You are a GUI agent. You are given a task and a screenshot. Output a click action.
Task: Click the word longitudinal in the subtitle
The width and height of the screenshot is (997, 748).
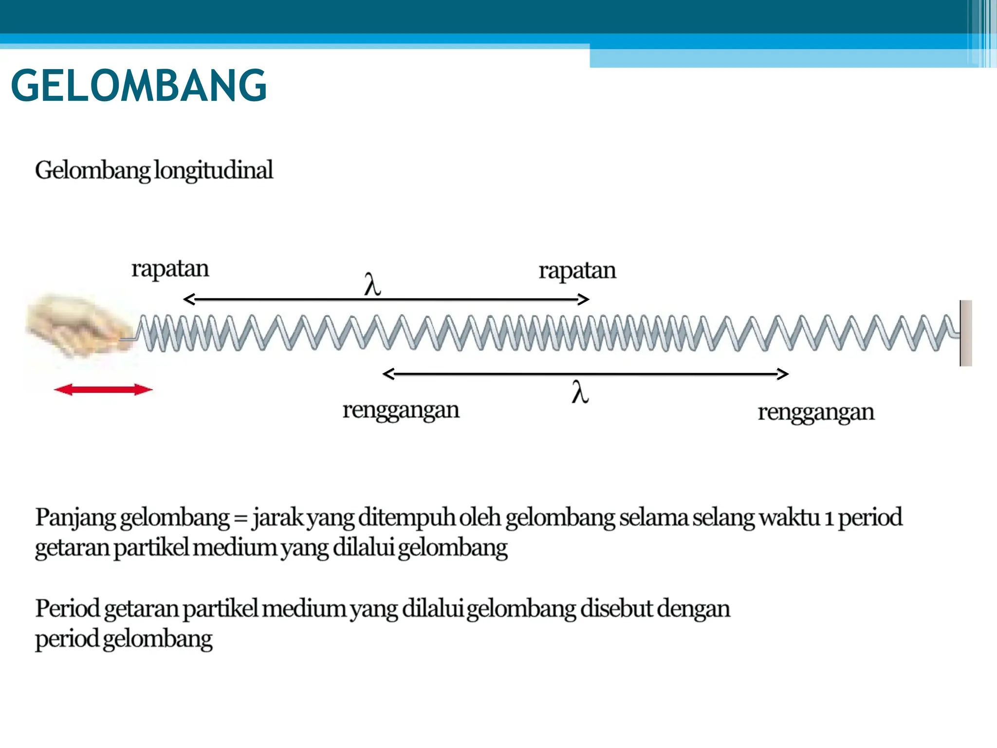[x=213, y=170]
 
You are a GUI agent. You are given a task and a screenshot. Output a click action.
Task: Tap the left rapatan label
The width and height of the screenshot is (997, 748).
[x=170, y=269]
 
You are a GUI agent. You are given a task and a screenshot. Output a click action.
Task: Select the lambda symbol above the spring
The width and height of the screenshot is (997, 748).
[x=372, y=284]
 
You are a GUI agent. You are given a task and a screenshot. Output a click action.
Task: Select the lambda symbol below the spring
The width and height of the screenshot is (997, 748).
[x=580, y=392]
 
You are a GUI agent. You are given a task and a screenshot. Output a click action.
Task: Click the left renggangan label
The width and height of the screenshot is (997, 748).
[x=401, y=410]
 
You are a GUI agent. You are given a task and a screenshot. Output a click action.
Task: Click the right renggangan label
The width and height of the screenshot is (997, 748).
[x=816, y=412]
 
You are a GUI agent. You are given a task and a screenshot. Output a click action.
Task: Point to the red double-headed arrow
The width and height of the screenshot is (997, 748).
[x=103, y=390]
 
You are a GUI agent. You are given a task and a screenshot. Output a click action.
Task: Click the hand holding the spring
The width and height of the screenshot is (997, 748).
[x=78, y=324]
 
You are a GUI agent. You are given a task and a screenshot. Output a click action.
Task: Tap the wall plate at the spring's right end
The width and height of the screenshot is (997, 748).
[x=966, y=333]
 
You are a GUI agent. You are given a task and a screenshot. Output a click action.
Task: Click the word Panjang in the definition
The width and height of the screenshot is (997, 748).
[x=75, y=518]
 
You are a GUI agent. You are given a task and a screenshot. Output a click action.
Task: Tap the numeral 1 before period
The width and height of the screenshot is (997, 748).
[x=829, y=518]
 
